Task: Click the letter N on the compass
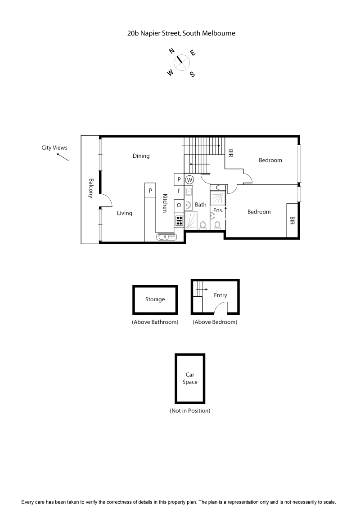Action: tap(171, 51)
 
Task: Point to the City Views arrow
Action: tap(63, 157)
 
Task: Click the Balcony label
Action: tap(91, 188)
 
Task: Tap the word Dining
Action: tap(141, 156)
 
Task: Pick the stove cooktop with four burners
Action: tap(179, 220)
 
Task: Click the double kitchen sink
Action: tap(165, 237)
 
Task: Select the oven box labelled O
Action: tap(179, 205)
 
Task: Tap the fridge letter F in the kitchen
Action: tap(179, 191)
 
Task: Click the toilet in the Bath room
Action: tap(203, 225)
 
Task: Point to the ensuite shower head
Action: tap(220, 195)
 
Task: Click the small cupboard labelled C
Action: tap(218, 188)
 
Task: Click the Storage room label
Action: tap(155, 299)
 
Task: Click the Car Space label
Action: tap(190, 378)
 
